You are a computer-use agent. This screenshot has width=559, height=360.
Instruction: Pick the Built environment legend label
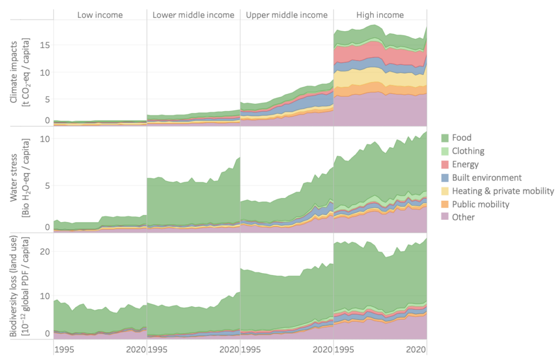[491, 177]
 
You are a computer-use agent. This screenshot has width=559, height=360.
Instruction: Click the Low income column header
[100, 15]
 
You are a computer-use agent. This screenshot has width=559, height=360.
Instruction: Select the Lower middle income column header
[194, 15]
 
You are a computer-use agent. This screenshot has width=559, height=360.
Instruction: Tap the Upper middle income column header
[287, 15]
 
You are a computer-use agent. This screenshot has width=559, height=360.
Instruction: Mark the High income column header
[380, 15]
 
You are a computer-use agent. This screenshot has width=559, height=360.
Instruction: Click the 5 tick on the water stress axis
[47, 185]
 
